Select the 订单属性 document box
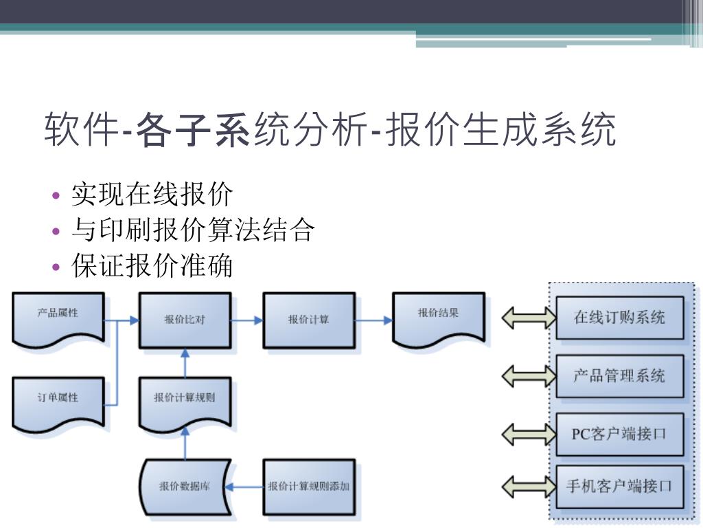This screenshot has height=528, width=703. click(x=58, y=400)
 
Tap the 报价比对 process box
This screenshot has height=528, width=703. click(x=185, y=320)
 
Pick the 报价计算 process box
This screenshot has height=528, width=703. click(x=309, y=320)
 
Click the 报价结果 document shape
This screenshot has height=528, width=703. click(x=439, y=316)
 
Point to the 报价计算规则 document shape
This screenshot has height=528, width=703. click(x=185, y=399)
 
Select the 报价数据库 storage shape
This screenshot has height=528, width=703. click(x=185, y=486)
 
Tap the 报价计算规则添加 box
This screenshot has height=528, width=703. click(x=309, y=486)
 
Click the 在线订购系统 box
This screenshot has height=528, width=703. click(x=619, y=318)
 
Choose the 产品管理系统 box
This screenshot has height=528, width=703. click(x=619, y=376)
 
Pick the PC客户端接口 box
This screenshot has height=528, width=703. click(x=619, y=434)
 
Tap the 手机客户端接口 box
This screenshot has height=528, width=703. click(x=619, y=486)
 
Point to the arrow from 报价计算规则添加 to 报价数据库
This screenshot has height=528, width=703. click(x=245, y=487)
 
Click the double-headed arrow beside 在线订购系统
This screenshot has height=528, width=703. click(x=529, y=318)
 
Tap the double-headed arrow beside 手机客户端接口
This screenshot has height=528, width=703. click(x=529, y=486)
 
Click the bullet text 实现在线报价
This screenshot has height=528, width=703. click(x=152, y=195)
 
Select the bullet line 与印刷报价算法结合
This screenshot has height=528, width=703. click(x=193, y=230)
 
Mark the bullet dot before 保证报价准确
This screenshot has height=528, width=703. click(x=57, y=267)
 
